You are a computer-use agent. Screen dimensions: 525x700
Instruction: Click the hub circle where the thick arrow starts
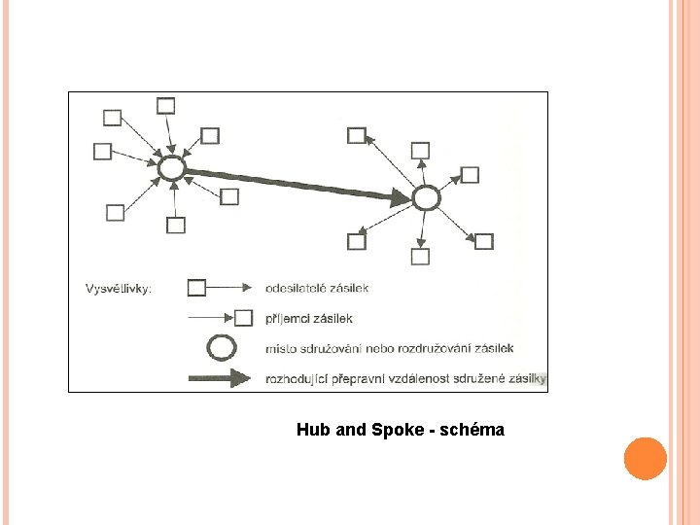[x=171, y=168]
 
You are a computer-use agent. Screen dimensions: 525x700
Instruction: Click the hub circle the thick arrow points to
[x=425, y=198]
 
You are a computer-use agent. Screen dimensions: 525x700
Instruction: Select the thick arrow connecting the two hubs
[x=297, y=184]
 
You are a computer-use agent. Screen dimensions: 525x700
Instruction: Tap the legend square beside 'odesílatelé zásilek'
[x=196, y=288]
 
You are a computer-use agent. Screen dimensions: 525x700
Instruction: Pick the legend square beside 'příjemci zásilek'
[x=244, y=317]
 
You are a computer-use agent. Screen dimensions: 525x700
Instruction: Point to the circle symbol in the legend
[x=223, y=347]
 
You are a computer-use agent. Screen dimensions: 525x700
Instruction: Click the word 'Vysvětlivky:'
[x=119, y=289]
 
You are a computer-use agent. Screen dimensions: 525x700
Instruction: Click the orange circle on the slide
[x=645, y=458]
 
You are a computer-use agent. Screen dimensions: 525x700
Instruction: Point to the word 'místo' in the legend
[x=281, y=348]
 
